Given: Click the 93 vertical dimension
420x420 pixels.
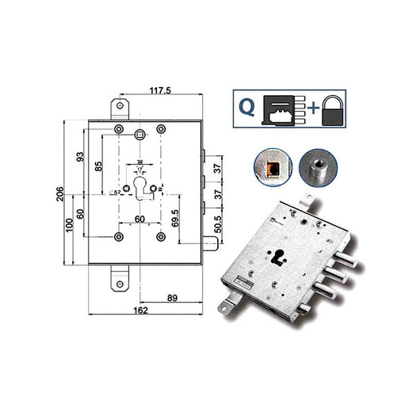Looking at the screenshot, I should click(81, 158).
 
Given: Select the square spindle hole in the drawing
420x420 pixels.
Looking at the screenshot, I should click(139, 134).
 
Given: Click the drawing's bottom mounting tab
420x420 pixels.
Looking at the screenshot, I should click(120, 277).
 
